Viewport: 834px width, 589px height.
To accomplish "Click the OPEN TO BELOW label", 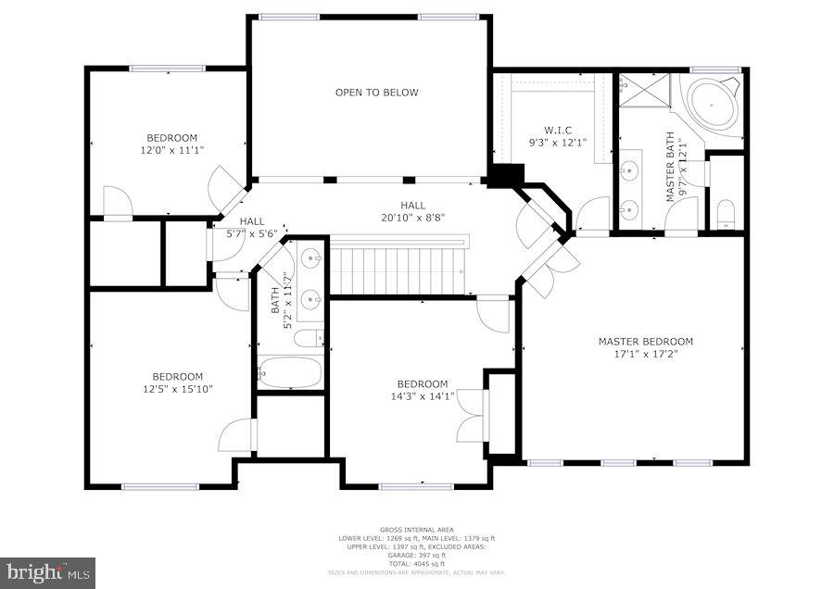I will (x=376, y=93).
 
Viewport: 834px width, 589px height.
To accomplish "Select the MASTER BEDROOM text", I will (x=645, y=342).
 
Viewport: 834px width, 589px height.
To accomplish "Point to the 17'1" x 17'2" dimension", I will (x=645, y=354).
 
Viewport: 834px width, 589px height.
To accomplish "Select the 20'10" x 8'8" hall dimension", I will (x=412, y=218).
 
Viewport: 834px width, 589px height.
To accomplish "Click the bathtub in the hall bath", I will (x=290, y=373).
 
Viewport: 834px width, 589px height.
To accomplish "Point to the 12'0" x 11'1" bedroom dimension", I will (x=171, y=149).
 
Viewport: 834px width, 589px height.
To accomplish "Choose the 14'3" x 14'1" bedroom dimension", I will (x=423, y=396).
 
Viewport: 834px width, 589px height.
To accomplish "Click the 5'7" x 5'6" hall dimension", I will (x=251, y=234).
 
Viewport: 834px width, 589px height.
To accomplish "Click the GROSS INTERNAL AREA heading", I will (x=416, y=530).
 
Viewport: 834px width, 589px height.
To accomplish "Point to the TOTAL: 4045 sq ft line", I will (x=416, y=563).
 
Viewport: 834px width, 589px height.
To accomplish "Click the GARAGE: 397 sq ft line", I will (x=416, y=555).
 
